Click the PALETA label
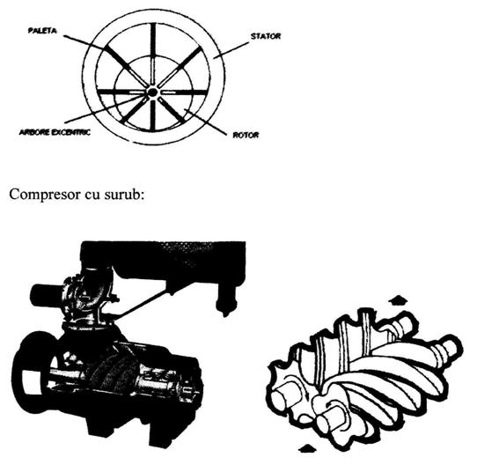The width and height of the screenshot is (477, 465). tap(42, 31)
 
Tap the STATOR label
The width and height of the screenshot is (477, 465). tap(266, 36)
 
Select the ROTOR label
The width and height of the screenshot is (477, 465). tap(246, 135)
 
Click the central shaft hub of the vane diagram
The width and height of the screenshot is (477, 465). tap(152, 92)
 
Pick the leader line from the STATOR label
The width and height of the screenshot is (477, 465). tap(231, 50)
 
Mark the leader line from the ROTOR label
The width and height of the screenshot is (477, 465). tap(204, 122)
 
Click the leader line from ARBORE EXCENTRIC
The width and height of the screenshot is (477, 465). tap(105, 109)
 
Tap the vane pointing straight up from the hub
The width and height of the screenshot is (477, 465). tap(153, 55)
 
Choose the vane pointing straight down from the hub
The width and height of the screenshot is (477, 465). tap(153, 114)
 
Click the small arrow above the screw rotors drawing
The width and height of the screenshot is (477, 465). tap(398, 300)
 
